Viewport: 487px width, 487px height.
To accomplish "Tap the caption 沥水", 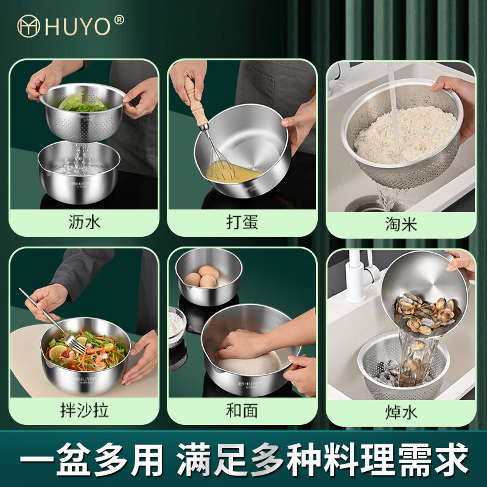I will (84, 222).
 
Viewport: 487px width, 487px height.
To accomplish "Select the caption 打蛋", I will (242, 222).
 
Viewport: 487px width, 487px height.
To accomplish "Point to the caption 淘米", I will (401, 223).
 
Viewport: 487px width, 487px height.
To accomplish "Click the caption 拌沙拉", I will (84, 410).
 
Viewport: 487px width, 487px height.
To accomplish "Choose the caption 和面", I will (242, 410).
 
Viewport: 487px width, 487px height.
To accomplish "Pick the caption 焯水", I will (401, 412).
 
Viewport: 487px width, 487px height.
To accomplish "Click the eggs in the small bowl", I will (201, 279).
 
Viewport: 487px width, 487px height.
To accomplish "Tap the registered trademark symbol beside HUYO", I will (119, 19).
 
